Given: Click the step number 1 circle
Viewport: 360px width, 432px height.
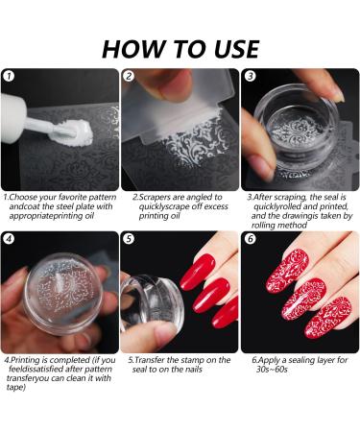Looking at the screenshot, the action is [x=9, y=76].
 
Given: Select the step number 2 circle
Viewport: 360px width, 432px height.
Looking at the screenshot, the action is [x=129, y=76].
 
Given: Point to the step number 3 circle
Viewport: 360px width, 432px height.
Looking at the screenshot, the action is [x=250, y=76].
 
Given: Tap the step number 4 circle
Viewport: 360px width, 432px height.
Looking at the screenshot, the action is [x=9, y=239].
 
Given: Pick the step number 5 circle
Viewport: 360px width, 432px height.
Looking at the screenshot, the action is [x=129, y=239].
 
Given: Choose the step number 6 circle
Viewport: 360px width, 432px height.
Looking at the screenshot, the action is [x=250, y=239].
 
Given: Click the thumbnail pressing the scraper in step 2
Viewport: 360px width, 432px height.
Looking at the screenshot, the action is [x=176, y=85].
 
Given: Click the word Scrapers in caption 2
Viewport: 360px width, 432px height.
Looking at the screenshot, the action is [x=155, y=197].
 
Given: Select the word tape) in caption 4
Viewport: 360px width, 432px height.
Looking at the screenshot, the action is [x=16, y=388].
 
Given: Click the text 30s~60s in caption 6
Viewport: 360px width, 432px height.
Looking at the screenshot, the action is [x=272, y=370].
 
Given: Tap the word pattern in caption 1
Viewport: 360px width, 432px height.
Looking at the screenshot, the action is [x=103, y=197].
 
